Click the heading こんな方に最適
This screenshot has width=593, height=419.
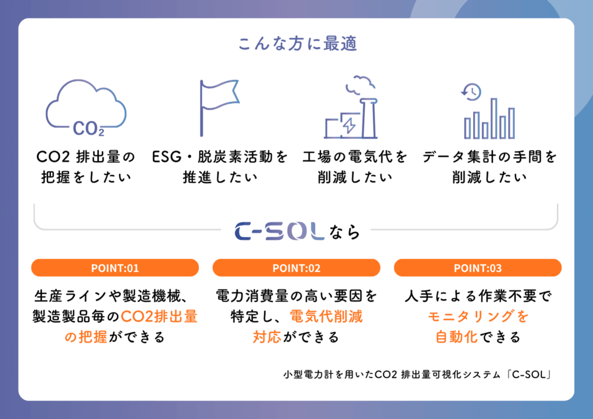[298, 43]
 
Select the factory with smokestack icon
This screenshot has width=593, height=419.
[350, 107]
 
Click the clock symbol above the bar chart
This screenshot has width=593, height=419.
[471, 92]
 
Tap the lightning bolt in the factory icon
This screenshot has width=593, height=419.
[349, 125]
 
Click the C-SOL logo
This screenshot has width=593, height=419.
[280, 231]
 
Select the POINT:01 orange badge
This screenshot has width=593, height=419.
[115, 268]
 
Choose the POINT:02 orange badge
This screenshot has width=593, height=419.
[296, 268]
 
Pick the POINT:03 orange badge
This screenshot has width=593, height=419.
[478, 268]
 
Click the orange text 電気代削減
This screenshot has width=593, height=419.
[326, 316]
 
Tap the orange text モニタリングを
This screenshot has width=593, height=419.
[478, 316]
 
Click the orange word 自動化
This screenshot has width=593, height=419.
[456, 337]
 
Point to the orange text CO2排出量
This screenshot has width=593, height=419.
[159, 316]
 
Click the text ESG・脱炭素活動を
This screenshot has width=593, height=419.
[220, 156]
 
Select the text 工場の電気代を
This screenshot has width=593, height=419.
[355, 156]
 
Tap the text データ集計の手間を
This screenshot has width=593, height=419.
[489, 156]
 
